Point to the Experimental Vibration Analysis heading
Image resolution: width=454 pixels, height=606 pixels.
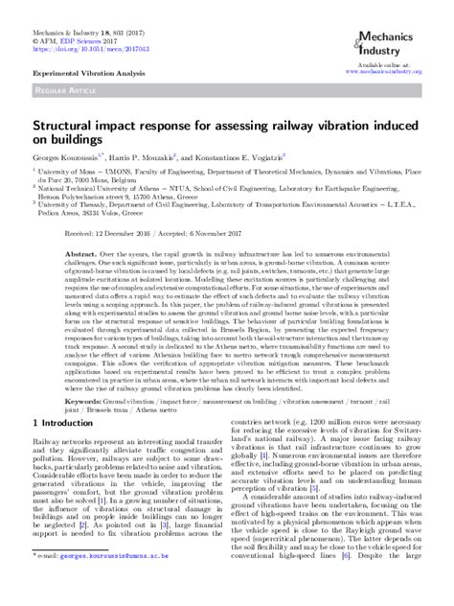(77, 73)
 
